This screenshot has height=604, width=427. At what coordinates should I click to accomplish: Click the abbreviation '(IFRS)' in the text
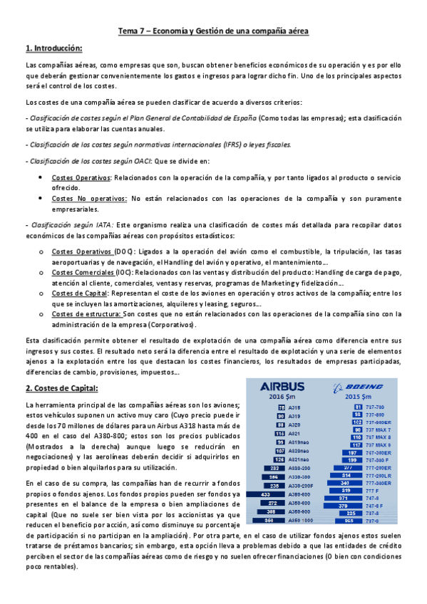pyautogui.click(x=233, y=144)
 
